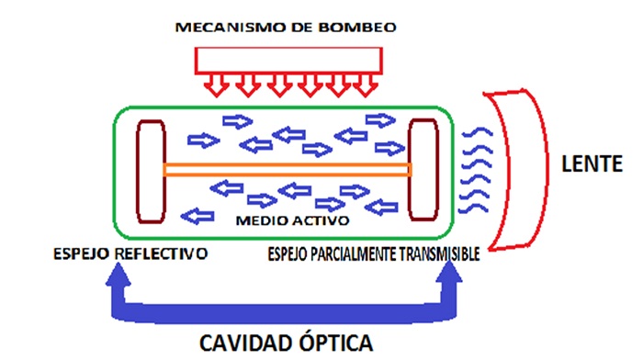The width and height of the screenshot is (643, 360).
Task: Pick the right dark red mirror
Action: (422, 169)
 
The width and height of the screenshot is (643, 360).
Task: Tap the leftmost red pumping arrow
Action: (216, 87)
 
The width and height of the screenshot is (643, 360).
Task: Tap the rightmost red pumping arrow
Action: (366, 87)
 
